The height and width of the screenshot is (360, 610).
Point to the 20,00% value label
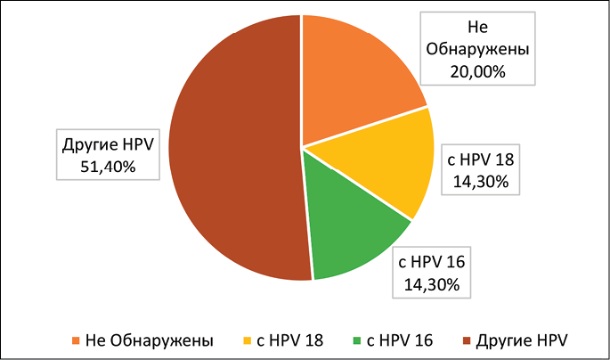478,70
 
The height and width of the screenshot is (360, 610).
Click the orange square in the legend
75,340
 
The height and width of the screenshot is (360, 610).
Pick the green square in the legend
355,340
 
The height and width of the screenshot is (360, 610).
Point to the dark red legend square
466,340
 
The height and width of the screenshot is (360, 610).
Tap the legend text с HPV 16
400,340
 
